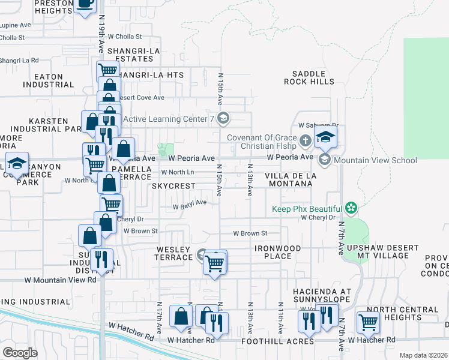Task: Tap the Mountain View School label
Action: pos(375,160)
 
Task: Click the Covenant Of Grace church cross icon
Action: pos(306,142)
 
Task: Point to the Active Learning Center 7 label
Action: pos(169,119)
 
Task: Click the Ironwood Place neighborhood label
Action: pos(277,252)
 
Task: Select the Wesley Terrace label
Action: pos(174,253)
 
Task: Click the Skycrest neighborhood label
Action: pos(174,187)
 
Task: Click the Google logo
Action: pos(20,352)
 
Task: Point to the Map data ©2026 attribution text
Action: pos(423,355)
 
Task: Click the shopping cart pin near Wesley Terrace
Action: pos(214,262)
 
